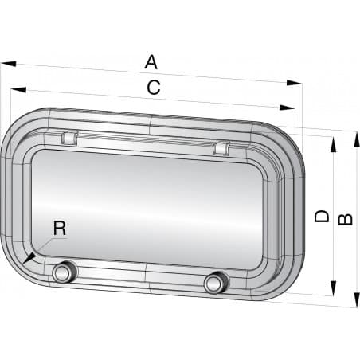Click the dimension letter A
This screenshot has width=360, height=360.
tap(151, 61)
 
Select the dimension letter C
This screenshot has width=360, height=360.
tap(154, 88)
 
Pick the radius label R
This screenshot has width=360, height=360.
tap(59, 228)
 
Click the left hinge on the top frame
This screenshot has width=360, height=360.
tap(69, 137)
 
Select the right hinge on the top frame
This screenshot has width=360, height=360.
tap(221, 147)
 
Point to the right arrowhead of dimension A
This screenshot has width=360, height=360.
tap(300, 81)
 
